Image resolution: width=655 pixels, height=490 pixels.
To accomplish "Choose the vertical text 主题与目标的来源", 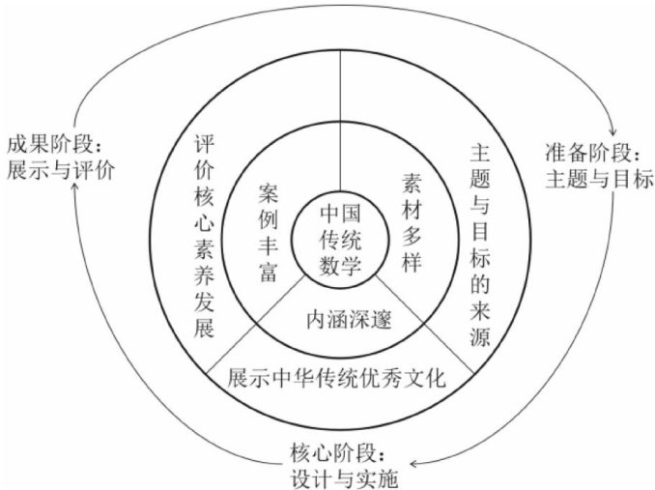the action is click(480, 245).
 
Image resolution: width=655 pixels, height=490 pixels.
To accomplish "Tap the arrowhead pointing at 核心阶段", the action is click(423, 463).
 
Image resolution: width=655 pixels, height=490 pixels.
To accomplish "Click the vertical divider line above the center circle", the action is click(341, 116).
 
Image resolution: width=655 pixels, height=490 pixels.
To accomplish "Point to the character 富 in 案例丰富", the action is click(268, 272).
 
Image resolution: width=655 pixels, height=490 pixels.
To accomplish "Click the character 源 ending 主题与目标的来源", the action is click(480, 339).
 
